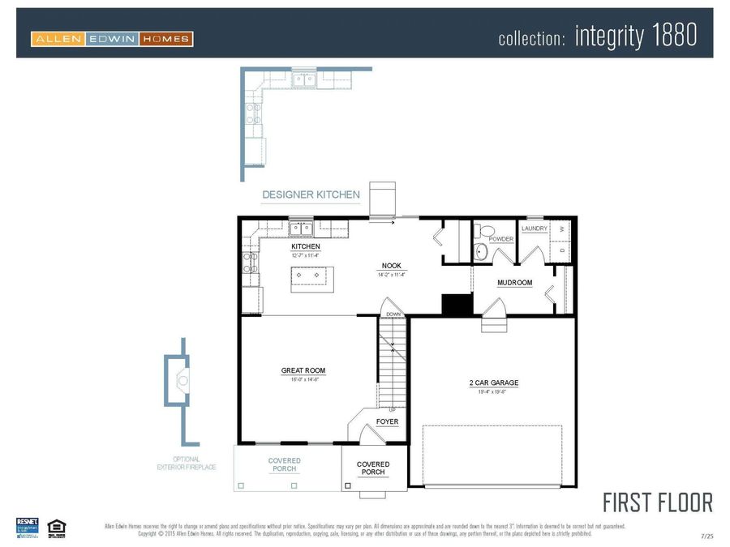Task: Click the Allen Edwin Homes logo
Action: (112, 38)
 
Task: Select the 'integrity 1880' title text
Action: (635, 36)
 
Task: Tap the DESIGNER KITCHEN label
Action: (311, 194)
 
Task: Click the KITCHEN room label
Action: (306, 246)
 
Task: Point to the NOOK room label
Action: (391, 266)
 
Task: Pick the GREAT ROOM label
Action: (303, 370)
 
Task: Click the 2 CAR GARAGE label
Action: (493, 382)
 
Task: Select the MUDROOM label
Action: (515, 283)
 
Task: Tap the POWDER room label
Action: (501, 239)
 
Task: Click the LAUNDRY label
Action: (535, 229)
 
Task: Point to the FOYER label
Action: (387, 421)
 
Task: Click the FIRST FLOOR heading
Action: (657, 502)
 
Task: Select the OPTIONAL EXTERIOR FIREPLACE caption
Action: (187, 464)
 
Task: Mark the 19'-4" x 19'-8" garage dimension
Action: (493, 391)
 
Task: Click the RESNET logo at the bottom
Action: (28, 526)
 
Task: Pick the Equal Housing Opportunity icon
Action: (56, 527)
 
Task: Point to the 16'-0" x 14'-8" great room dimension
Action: (303, 379)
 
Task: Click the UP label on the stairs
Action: (393, 409)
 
